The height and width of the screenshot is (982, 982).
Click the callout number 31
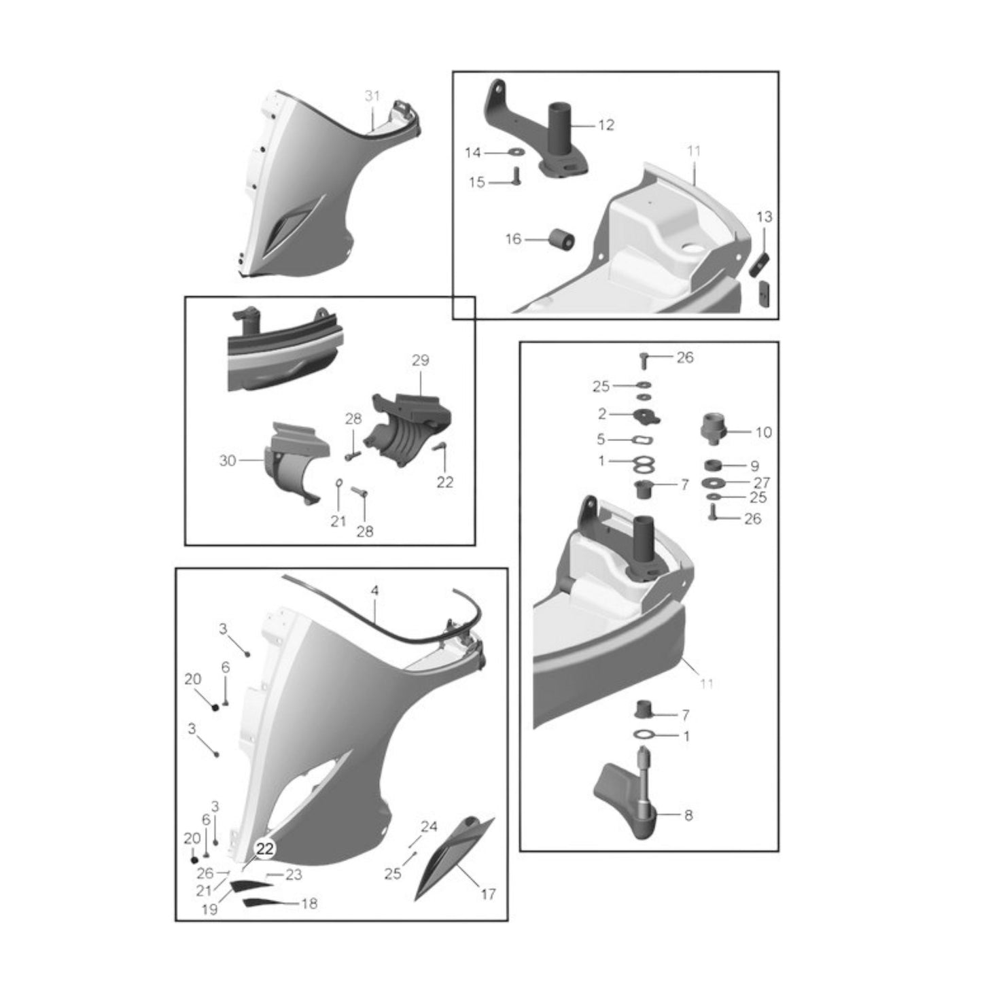tap(372, 96)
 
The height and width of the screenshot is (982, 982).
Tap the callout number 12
tap(606, 125)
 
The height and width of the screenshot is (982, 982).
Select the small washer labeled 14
tap(516, 152)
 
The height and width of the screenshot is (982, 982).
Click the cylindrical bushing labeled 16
tap(562, 239)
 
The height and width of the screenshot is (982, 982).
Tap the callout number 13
tap(765, 217)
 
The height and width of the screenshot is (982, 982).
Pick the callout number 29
tap(421, 360)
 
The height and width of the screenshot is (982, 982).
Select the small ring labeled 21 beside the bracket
tap(339, 483)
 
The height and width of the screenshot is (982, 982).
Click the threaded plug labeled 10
tap(714, 429)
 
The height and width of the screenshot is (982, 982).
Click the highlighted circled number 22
tap(266, 849)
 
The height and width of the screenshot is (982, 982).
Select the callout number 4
tap(374, 591)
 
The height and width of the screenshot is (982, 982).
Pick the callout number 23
tap(294, 875)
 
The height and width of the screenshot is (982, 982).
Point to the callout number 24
tap(429, 826)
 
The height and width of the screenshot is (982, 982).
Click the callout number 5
tap(601, 439)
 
